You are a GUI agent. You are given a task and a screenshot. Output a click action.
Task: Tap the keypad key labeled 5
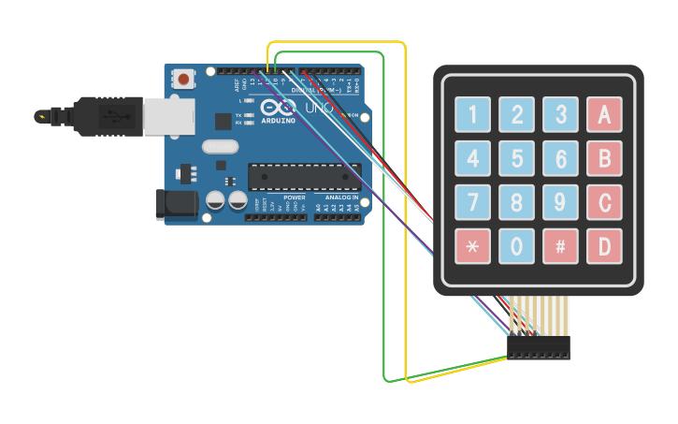(x=516, y=158)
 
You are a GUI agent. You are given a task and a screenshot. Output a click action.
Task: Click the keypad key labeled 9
(x=560, y=202)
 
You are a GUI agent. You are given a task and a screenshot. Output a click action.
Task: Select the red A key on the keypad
(x=604, y=114)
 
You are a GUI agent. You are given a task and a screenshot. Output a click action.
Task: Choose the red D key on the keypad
(x=604, y=246)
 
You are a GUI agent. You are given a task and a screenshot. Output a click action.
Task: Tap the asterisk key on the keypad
(x=472, y=246)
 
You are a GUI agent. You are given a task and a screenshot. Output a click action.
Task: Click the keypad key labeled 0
(x=516, y=246)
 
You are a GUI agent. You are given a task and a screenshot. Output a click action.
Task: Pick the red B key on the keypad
(x=604, y=158)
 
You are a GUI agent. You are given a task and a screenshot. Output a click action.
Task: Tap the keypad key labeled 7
(x=472, y=202)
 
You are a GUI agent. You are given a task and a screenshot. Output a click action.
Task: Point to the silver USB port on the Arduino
(x=172, y=115)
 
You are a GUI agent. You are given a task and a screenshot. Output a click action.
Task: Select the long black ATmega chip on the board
(x=304, y=176)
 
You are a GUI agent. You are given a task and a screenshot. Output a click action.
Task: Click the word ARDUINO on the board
(x=279, y=121)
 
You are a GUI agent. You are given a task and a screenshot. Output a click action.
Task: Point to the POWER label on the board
(x=294, y=198)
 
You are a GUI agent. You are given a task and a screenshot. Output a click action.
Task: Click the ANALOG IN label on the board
(x=339, y=198)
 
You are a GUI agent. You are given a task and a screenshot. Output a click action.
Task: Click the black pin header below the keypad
(x=538, y=347)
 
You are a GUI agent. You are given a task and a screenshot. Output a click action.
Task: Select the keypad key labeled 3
(x=560, y=114)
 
